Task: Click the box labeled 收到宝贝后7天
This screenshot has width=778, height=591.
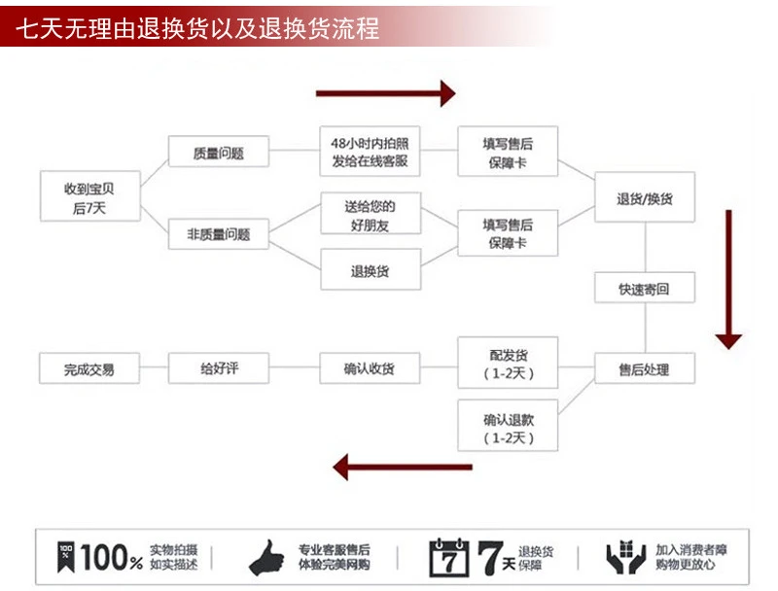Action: coord(88,198)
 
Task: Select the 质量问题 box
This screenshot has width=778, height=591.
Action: coord(219,153)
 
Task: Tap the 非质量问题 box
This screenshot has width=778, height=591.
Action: coord(219,234)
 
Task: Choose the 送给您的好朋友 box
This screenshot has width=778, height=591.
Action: coord(370,215)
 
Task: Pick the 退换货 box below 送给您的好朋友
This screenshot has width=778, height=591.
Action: coord(370,271)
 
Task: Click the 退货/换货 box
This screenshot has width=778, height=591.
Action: coord(645,199)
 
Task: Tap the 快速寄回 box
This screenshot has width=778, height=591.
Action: coord(645,290)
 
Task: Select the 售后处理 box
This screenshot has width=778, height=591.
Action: coord(645,369)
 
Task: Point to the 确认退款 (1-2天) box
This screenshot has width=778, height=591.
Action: coord(508,429)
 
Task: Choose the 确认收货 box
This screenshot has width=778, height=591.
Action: coord(370,369)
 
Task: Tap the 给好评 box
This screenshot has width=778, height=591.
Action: coord(219,369)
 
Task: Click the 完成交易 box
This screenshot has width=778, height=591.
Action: coord(88,369)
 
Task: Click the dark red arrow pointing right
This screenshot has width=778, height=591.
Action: coord(385,93)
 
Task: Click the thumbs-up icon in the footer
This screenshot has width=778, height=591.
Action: coord(268,558)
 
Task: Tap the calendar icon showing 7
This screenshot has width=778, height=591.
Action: coord(448,557)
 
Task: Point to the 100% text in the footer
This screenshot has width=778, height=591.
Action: coord(111,557)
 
